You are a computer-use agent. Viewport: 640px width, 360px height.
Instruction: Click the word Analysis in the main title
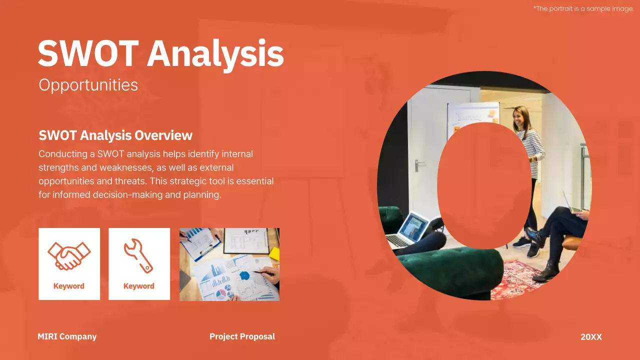[x=215, y=54]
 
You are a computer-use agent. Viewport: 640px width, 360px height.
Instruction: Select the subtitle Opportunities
[x=88, y=85]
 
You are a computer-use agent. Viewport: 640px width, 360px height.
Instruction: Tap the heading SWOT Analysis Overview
[x=115, y=135]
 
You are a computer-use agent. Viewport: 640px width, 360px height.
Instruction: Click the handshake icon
[x=69, y=256]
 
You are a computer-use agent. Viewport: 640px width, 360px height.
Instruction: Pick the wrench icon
[x=138, y=256]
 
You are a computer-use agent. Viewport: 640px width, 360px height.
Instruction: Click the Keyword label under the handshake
[x=69, y=286]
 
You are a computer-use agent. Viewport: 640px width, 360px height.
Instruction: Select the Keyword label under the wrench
[x=138, y=286]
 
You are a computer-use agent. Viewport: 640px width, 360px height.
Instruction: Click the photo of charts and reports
[x=229, y=264]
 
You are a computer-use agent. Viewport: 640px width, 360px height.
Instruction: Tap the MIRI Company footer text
[x=67, y=336]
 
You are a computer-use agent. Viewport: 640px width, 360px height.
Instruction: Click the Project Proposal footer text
[x=242, y=336]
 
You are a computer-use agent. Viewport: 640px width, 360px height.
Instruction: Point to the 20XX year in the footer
[x=591, y=337]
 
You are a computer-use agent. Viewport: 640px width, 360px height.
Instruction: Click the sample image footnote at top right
[x=583, y=8]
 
